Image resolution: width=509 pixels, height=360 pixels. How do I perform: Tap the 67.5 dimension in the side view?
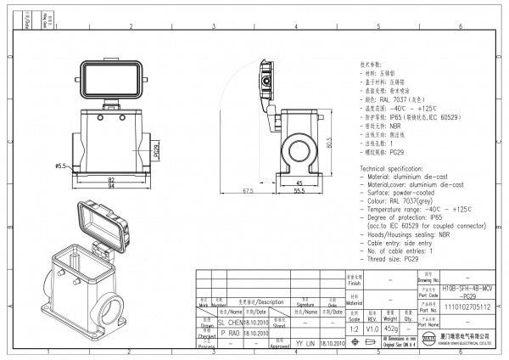pyautogui.click(x=248, y=192)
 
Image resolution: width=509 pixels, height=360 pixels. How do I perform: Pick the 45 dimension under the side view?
pyautogui.click(x=299, y=182)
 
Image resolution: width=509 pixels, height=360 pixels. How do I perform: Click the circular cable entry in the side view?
pyautogui.click(x=300, y=145)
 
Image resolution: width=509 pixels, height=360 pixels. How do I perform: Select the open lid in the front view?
pyautogui.click(x=112, y=79)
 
